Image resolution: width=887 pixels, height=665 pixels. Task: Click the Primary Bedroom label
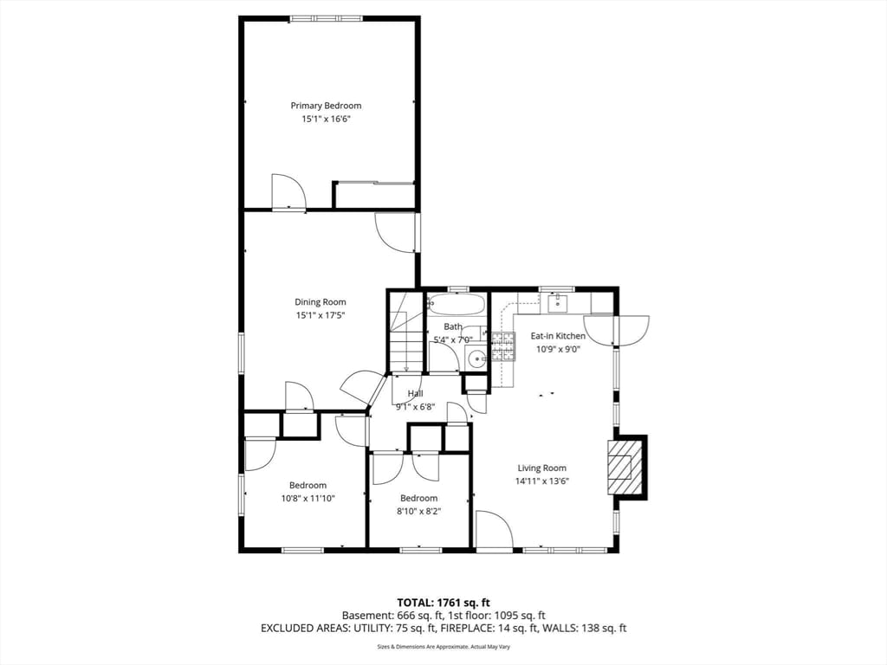(x=326, y=106)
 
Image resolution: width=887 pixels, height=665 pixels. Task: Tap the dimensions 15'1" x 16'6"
(x=326, y=119)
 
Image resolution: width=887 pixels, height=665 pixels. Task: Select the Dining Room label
(x=320, y=302)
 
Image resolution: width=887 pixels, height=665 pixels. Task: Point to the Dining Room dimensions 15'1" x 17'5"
(x=320, y=315)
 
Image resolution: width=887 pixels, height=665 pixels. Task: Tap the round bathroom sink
(x=476, y=358)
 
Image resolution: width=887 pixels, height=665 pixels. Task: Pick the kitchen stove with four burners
(x=503, y=345)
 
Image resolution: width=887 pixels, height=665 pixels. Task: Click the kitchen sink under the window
(x=556, y=302)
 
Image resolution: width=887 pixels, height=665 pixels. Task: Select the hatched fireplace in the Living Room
(x=625, y=467)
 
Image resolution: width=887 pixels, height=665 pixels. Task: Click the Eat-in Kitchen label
(x=558, y=336)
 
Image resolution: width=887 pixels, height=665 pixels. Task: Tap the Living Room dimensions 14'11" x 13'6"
(x=542, y=481)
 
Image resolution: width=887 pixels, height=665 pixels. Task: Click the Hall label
(x=416, y=393)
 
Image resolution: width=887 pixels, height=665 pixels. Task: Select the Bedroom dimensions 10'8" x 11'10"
(x=308, y=498)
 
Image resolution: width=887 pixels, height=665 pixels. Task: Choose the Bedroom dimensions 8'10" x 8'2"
(x=418, y=511)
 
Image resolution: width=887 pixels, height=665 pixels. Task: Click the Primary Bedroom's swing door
(x=287, y=191)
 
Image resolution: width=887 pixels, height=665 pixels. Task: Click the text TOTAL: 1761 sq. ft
(x=443, y=602)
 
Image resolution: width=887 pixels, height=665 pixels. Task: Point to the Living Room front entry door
(x=494, y=530)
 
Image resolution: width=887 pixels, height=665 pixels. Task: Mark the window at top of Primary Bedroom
(x=327, y=18)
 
